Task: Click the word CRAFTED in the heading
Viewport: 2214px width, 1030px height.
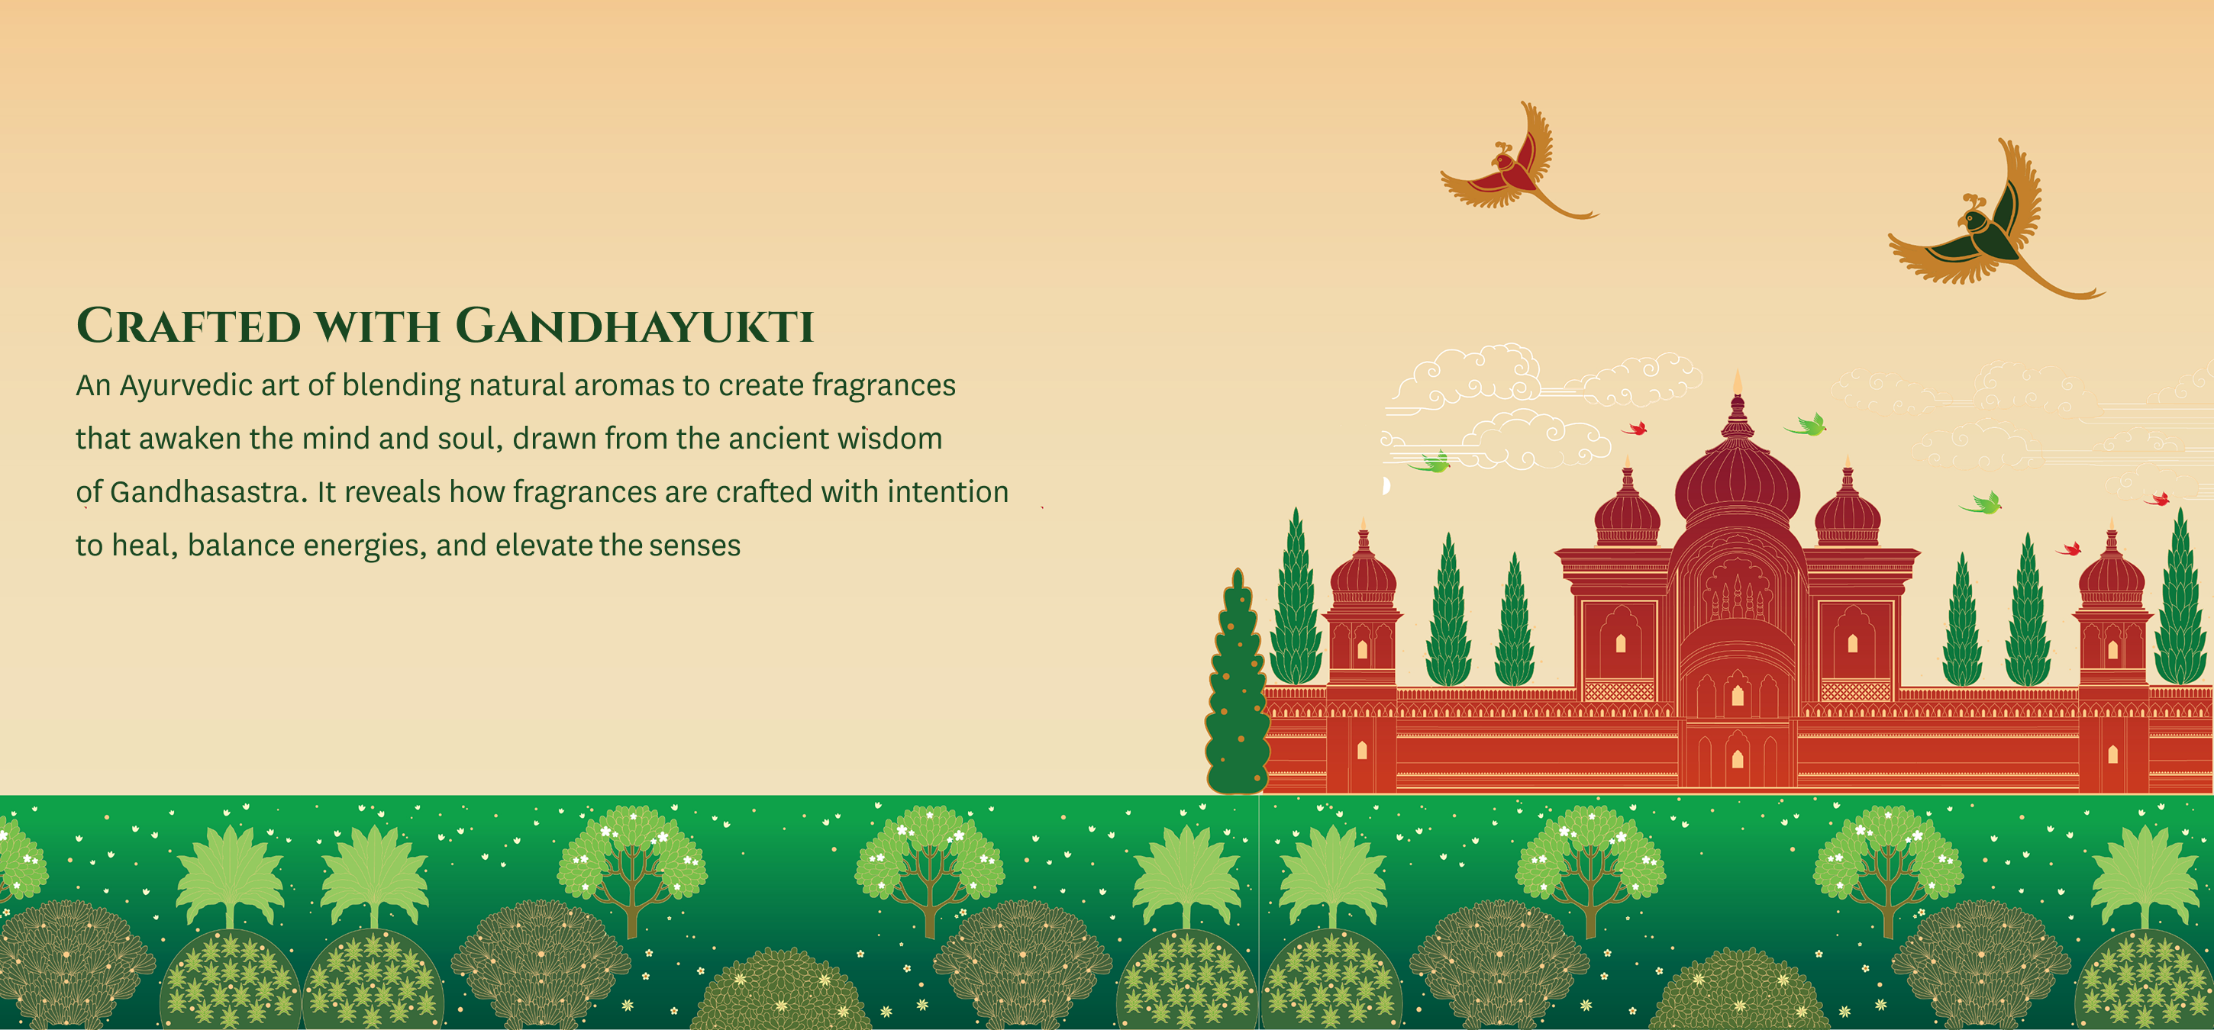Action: coord(189,326)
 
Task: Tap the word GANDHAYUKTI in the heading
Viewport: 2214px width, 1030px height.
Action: coord(634,326)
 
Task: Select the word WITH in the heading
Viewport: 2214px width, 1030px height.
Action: coord(377,327)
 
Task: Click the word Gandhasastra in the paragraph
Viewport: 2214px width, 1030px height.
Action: coord(205,492)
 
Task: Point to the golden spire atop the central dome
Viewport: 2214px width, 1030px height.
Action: coord(1737,382)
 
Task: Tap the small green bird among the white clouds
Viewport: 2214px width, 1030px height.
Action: coord(1429,463)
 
